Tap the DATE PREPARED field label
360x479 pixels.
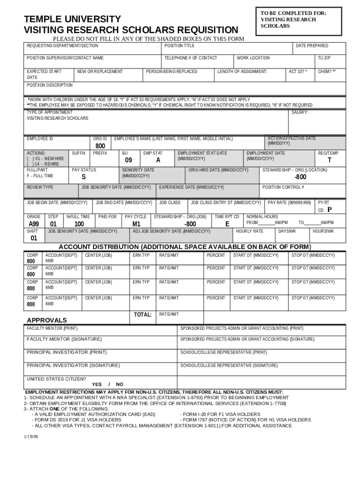pyautogui.click(x=312, y=46)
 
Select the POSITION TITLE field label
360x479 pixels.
pyautogui.click(x=180, y=46)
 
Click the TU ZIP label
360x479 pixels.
pyautogui.click(x=324, y=58)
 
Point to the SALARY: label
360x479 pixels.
pyautogui.click(x=300, y=113)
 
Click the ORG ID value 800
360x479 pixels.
pyautogui.click(x=101, y=146)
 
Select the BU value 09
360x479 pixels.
pyautogui.click(x=129, y=160)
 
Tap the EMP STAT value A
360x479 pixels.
pyautogui.click(x=158, y=160)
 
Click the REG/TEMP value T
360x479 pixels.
pyautogui.click(x=329, y=160)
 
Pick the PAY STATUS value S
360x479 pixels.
pyautogui.click(x=83, y=177)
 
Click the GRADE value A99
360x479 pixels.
pyautogui.click(x=34, y=224)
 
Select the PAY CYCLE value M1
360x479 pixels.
pyautogui.click(x=137, y=224)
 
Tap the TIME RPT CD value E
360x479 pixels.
pyautogui.click(x=227, y=224)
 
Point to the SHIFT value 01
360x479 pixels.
pyautogui.click(x=34, y=238)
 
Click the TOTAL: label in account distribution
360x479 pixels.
pyautogui.click(x=143, y=315)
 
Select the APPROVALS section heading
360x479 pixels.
pyautogui.click(x=47, y=320)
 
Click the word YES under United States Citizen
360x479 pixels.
pyautogui.click(x=97, y=384)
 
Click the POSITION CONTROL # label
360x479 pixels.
pyautogui.click(x=283, y=187)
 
